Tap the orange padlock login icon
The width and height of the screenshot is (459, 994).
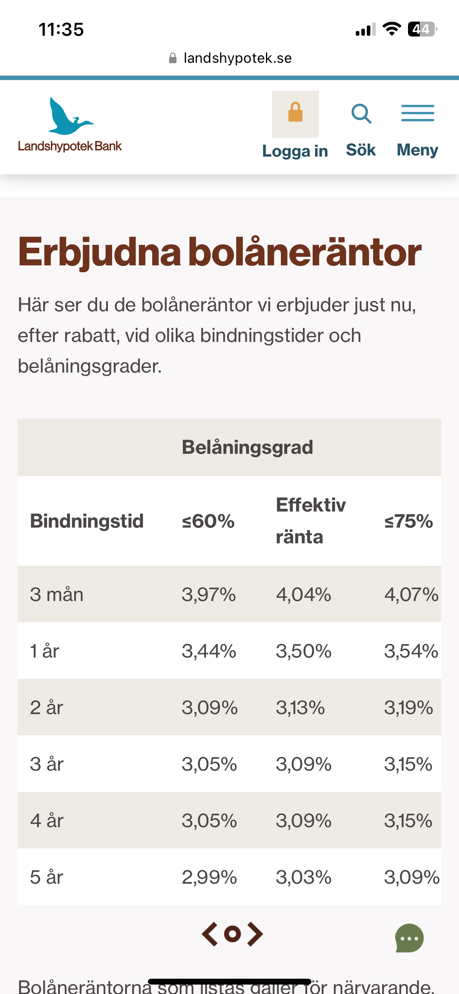coord(295,113)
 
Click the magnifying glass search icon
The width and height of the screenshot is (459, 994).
coord(361,114)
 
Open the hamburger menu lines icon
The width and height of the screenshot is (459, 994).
coord(417,113)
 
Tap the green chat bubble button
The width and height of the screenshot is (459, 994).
coord(409,938)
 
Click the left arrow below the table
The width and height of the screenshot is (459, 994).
coord(210,934)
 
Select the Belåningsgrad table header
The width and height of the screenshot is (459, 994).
coord(248,447)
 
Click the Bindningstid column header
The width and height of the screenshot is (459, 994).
coord(87,521)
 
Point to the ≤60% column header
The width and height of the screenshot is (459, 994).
coord(208,521)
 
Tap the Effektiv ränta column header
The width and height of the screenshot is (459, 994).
coord(311,521)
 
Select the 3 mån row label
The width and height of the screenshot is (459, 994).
coord(56,594)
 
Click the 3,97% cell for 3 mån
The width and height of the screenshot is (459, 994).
coord(209,594)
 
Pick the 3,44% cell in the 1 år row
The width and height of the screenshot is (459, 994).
coord(209,651)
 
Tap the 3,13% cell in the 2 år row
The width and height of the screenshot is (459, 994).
coord(301,707)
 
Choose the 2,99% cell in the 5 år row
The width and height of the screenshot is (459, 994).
coord(209,877)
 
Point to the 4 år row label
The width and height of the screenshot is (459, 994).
coord(47,820)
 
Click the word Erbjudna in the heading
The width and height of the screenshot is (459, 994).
coord(100,252)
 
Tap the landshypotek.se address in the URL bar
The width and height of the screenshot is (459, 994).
coord(237,58)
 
